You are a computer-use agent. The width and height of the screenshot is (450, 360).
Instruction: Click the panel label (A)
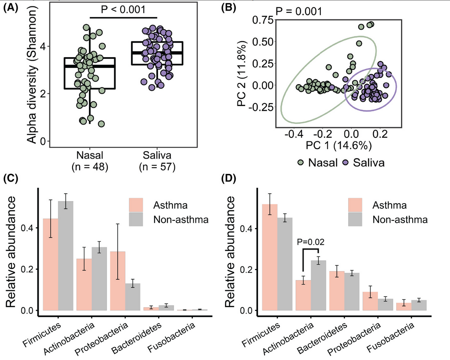(11, 7)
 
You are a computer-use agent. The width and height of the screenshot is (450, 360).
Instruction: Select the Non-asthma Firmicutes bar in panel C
(66, 256)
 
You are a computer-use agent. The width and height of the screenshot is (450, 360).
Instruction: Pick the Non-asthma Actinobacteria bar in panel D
(319, 285)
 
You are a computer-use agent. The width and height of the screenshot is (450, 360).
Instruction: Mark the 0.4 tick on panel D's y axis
(248, 229)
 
